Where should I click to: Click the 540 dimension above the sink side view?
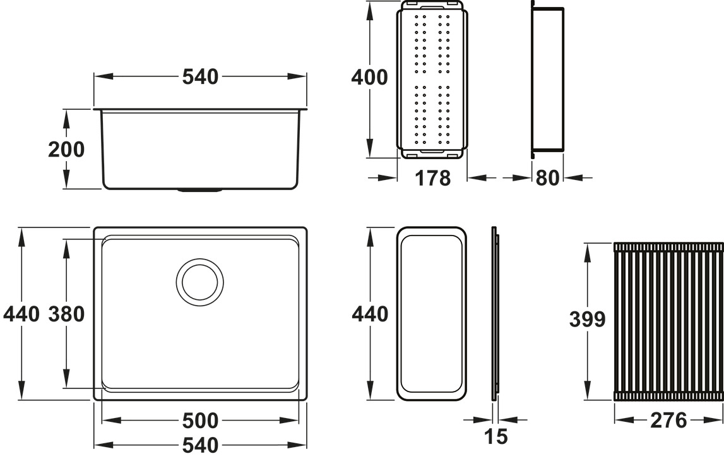pos(200,76)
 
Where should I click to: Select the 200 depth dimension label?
pos(66,150)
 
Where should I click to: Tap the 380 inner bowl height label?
pos(66,314)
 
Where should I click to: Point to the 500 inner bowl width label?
pos(200,421)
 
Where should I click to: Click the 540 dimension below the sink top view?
pos(200,445)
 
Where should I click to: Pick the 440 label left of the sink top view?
pos(21,314)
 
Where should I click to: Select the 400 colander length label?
pos(369,78)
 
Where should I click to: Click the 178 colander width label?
pos(432,179)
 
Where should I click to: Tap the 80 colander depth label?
pos(547,179)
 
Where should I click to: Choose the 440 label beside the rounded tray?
pos(369,314)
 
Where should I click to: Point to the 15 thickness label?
pos(496,436)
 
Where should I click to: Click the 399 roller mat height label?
pos(587,320)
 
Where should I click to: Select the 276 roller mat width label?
pos(668,421)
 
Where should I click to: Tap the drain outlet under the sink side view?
pos(199,189)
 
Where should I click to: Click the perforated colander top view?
pos(432,79)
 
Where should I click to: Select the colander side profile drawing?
pos(547,79)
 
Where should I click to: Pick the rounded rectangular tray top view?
pos(432,314)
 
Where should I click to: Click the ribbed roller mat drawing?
pos(668,321)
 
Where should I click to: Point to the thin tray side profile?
pos(495,314)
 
